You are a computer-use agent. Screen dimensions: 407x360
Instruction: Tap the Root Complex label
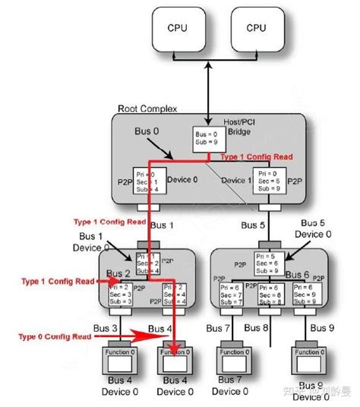coord(147,109)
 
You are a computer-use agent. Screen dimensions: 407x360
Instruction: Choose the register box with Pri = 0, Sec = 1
coord(147,183)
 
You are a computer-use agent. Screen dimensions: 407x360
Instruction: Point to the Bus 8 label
coord(267,327)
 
